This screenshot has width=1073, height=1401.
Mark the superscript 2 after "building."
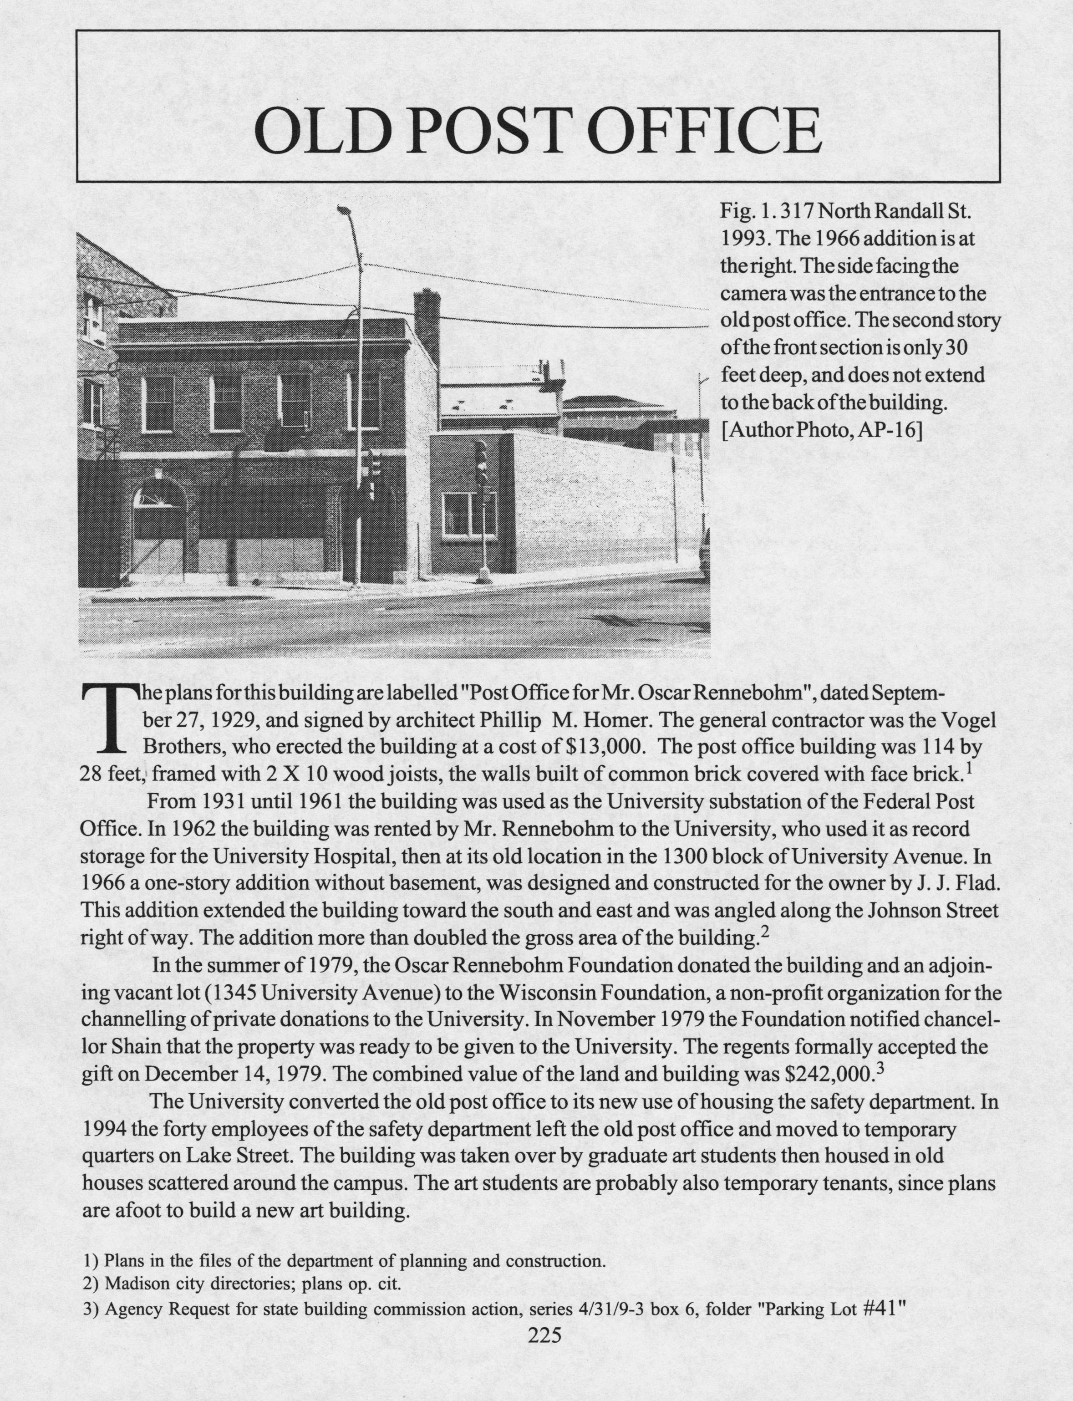pyautogui.click(x=765, y=933)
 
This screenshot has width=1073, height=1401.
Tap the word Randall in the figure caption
pyautogui.click(x=898, y=210)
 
